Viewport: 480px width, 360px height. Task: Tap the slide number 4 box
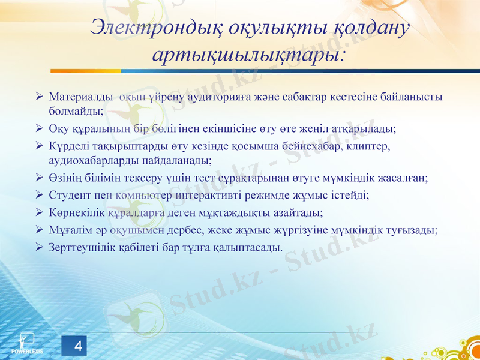[x=77, y=346]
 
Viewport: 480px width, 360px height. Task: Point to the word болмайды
[x=77, y=111]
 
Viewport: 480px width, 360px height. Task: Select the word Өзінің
[x=65, y=178]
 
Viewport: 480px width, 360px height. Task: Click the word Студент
[x=70, y=195]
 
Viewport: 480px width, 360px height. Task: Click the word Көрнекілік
[x=77, y=212]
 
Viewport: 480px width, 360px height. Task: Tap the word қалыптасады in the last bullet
[x=249, y=247]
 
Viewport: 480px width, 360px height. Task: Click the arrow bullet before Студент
[x=39, y=195]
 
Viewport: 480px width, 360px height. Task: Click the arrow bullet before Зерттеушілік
[x=39, y=247]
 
